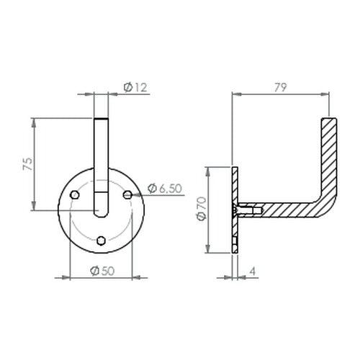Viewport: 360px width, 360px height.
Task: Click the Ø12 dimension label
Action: coord(135,87)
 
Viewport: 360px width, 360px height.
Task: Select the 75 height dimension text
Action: coord(27,164)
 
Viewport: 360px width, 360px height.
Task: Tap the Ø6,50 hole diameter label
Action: coord(165,188)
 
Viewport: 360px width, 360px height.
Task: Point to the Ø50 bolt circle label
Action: coord(102,271)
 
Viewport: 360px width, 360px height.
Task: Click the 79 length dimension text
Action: coord(280,87)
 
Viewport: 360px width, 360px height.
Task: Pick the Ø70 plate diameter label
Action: coord(202,209)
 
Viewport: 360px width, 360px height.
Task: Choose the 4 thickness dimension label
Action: coord(253,271)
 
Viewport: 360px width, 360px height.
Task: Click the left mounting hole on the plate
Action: coord(75,194)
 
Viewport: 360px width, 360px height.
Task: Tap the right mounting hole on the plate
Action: coord(127,194)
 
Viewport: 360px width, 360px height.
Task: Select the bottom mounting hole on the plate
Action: coord(101,240)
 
